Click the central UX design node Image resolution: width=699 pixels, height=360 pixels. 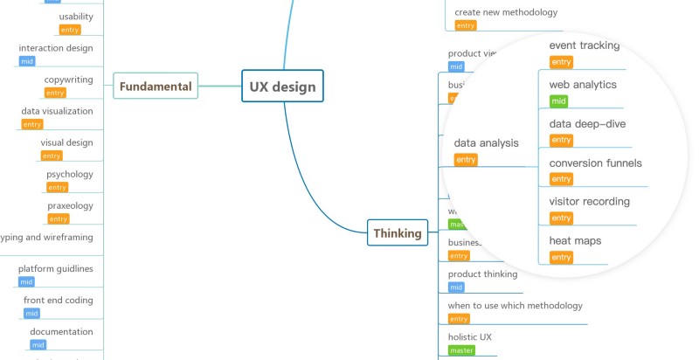coord(282,87)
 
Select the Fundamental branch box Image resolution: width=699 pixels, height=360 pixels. coord(156,87)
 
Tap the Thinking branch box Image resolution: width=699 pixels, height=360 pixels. coord(398,233)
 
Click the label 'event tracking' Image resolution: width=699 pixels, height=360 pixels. coord(585,45)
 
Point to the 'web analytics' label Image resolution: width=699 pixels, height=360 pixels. coord(583,85)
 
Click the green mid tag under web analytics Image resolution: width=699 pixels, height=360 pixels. coord(559,101)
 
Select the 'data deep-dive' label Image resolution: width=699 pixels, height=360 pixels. coord(587,124)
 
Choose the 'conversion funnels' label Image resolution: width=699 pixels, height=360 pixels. coord(595,163)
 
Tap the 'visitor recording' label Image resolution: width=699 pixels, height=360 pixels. coord(589,202)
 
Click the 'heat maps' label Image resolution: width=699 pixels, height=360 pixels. coord(575,240)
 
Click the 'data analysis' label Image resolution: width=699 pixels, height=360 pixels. coord(486,142)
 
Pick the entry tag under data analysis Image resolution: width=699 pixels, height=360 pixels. coord(466,160)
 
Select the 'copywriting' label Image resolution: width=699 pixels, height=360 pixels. coord(68,80)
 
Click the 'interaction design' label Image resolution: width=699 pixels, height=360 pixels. coord(56,48)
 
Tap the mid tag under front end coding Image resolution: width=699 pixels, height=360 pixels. coord(31,314)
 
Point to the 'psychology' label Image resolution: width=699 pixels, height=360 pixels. coord(69,174)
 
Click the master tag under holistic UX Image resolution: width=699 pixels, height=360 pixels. coord(460,350)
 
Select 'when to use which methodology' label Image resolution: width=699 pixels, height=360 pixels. coord(515,305)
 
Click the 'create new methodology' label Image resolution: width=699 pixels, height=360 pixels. coord(506,12)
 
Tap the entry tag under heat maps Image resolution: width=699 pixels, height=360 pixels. coord(561,257)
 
